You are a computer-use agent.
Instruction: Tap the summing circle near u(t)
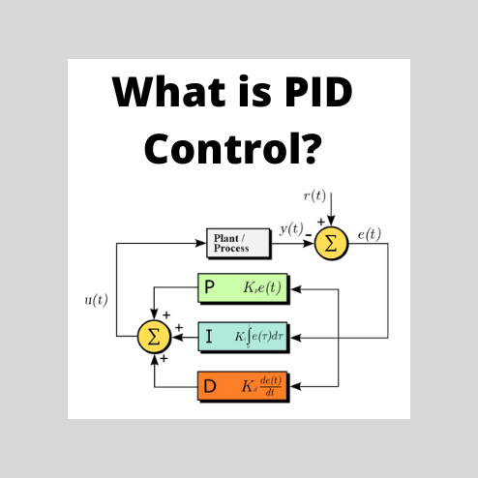153,336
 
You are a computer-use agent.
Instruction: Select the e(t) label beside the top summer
369,232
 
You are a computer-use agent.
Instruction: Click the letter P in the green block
209,287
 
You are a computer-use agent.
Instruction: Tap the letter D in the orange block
209,386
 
